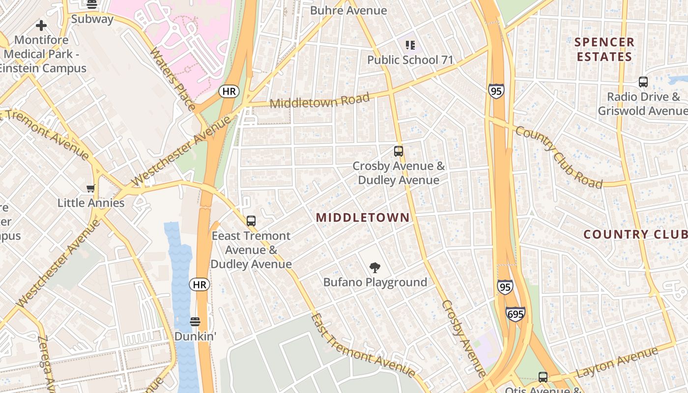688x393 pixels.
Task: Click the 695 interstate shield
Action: pyautogui.click(x=515, y=313)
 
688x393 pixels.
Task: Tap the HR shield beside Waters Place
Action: pyautogui.click(x=229, y=91)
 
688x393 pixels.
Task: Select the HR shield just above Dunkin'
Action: pyautogui.click(x=200, y=284)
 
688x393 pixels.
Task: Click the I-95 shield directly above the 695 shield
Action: pyautogui.click(x=505, y=286)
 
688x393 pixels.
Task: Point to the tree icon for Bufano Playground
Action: pyautogui.click(x=375, y=268)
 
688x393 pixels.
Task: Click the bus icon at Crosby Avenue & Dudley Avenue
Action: pyautogui.click(x=399, y=151)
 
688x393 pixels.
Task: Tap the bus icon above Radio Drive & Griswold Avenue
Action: pyautogui.click(x=643, y=82)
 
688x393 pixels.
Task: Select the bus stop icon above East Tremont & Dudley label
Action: pyautogui.click(x=251, y=221)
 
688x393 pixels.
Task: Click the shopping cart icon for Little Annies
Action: pyautogui.click(x=90, y=188)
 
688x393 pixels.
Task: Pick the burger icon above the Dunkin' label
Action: pyautogui.click(x=195, y=322)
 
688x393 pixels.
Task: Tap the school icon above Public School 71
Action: pyautogui.click(x=410, y=46)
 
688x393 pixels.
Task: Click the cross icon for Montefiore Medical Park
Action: pyautogui.click(x=41, y=25)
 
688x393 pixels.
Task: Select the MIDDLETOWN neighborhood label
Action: pyautogui.click(x=363, y=218)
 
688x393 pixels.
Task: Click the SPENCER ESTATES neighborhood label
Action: pyautogui.click(x=604, y=50)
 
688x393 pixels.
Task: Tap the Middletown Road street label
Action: pyautogui.click(x=319, y=101)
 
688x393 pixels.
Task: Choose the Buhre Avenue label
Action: pyautogui.click(x=348, y=10)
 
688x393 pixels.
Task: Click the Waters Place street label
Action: pyautogui.click(x=172, y=79)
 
